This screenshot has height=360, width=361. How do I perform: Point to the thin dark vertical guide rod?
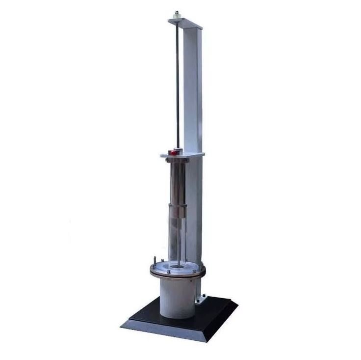click(x=177, y=83)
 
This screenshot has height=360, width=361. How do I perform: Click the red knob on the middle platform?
click(x=173, y=152)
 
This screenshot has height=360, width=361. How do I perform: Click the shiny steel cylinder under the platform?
click(x=177, y=182)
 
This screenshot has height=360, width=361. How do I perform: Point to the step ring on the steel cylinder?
click(x=178, y=203)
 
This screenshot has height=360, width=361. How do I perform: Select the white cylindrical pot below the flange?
click(x=178, y=297)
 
